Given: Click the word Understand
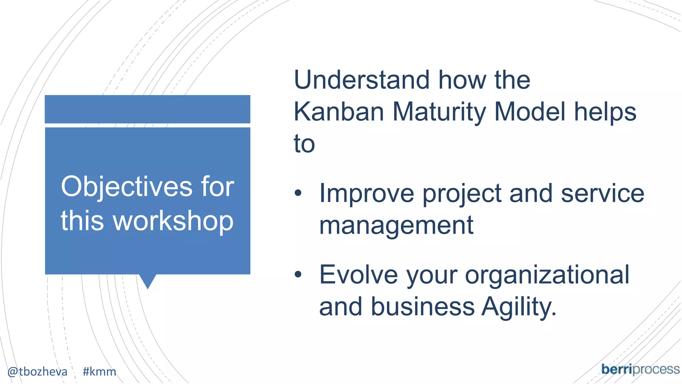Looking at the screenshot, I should [x=361, y=80].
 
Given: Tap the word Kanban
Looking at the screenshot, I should [x=339, y=112].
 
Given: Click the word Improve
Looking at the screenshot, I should [x=366, y=194].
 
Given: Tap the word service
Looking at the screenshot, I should [x=602, y=194].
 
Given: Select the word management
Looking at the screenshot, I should [x=396, y=226].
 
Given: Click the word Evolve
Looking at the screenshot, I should [x=358, y=275].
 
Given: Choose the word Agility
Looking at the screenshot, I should [x=519, y=307].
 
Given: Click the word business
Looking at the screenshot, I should [x=423, y=307].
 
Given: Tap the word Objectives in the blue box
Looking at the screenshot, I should [x=126, y=187].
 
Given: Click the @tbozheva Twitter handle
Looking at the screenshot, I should [x=37, y=371].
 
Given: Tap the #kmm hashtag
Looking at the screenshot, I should [x=99, y=371].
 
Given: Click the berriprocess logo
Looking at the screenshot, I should [x=640, y=370].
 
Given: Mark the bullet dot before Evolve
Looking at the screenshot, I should [x=298, y=274].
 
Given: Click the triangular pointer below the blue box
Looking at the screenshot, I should [x=148, y=280].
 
